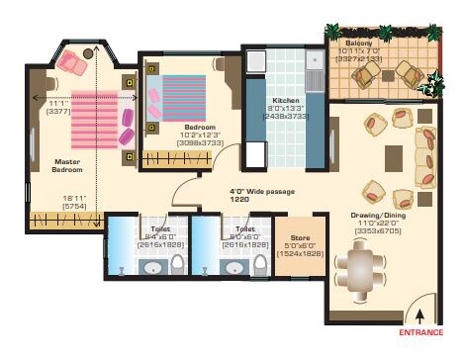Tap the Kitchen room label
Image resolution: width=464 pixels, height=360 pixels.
tap(285, 101)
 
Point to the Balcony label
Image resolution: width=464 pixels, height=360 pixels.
tap(358, 45)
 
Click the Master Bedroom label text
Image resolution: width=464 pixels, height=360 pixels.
tap(67, 164)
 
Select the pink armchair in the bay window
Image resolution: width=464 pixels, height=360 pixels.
tap(71, 63)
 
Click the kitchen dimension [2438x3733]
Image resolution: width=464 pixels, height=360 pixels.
tap(285, 117)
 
